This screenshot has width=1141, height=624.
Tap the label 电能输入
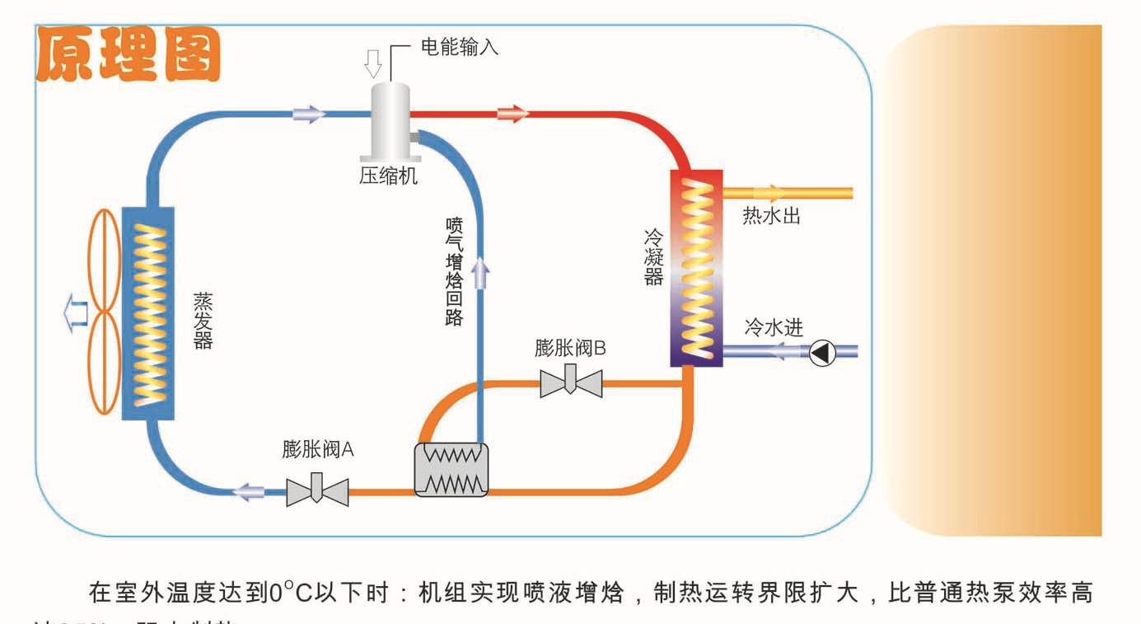(x=460, y=47)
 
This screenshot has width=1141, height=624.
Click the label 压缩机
(x=388, y=176)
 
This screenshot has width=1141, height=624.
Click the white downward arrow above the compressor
(x=373, y=63)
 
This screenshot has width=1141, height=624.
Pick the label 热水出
(x=771, y=217)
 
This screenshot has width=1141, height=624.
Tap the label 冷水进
(x=773, y=327)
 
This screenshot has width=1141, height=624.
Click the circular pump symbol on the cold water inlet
(x=821, y=353)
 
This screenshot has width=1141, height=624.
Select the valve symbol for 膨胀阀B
(x=571, y=382)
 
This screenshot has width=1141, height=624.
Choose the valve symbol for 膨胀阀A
(x=317, y=491)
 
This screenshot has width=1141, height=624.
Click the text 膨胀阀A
(x=317, y=450)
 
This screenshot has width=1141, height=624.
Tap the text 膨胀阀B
(x=570, y=348)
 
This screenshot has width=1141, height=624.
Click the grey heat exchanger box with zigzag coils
(x=451, y=470)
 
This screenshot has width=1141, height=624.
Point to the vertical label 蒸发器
(x=203, y=320)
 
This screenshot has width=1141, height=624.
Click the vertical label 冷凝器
(x=653, y=256)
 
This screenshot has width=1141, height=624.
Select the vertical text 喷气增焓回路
(x=454, y=271)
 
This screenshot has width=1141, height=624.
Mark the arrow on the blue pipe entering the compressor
(x=309, y=114)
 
